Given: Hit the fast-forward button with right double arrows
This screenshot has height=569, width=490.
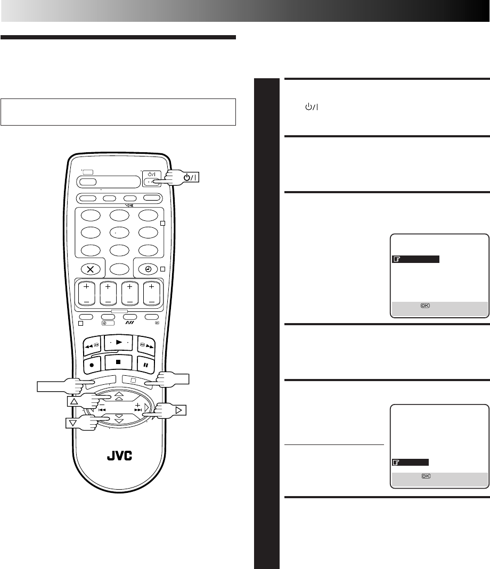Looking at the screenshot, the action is coord(145,345).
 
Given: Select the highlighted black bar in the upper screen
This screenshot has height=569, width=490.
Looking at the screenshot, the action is coord(415,259).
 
